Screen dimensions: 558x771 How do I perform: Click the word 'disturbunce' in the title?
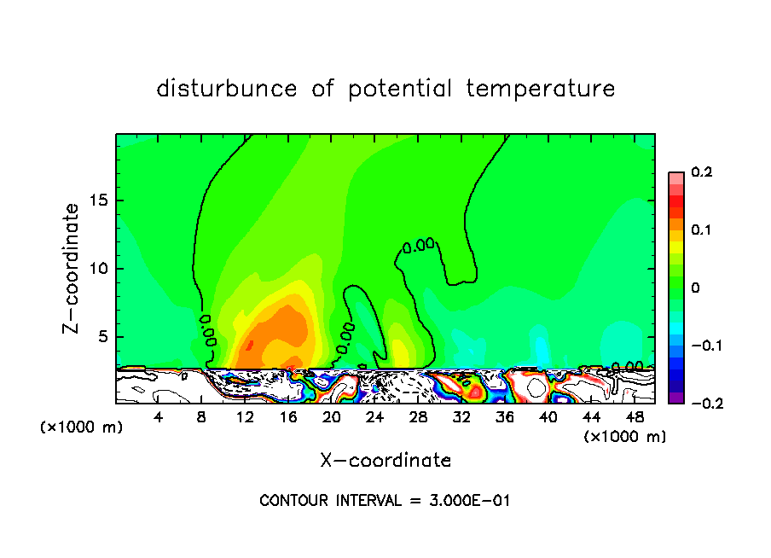[227, 89]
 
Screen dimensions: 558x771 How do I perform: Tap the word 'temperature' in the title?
[541, 89]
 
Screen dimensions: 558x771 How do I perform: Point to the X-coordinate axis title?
[385, 461]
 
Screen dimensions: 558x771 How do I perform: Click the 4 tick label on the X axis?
[159, 417]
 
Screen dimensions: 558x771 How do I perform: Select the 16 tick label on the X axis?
[288, 417]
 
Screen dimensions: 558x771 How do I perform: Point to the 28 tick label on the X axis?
[418, 417]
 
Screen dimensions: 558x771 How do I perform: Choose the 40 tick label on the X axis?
[548, 417]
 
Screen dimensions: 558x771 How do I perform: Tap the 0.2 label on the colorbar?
[701, 172]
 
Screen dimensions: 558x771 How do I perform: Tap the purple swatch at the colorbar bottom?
[676, 398]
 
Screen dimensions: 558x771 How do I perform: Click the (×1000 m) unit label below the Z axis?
[82, 427]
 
